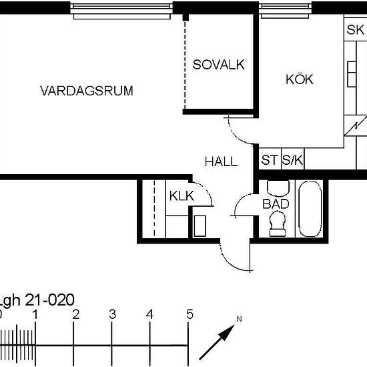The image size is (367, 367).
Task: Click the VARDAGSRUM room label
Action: (x=87, y=91)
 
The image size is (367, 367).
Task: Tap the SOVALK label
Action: (x=219, y=64)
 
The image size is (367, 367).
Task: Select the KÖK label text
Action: (x=300, y=79)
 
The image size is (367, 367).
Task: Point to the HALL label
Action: (x=221, y=161)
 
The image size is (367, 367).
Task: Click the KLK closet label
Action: (x=182, y=196)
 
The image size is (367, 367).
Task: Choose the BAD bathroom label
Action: (x=276, y=204)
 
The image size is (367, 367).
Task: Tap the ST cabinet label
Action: (x=270, y=160)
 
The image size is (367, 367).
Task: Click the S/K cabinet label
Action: (x=292, y=160)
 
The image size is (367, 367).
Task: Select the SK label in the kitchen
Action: (x=355, y=30)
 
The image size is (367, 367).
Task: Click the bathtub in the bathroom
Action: (x=310, y=209)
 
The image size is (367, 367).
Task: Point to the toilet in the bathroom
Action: (x=278, y=224)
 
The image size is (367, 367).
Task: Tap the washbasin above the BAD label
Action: (x=278, y=188)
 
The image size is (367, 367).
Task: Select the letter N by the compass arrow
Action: (x=239, y=319)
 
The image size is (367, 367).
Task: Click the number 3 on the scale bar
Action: (x=112, y=314)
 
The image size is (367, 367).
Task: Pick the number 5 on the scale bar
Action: (x=190, y=314)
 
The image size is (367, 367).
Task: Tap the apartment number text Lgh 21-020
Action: (x=37, y=300)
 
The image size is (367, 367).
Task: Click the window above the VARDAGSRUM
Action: (x=121, y=11)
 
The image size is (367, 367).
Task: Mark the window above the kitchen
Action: (x=285, y=11)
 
